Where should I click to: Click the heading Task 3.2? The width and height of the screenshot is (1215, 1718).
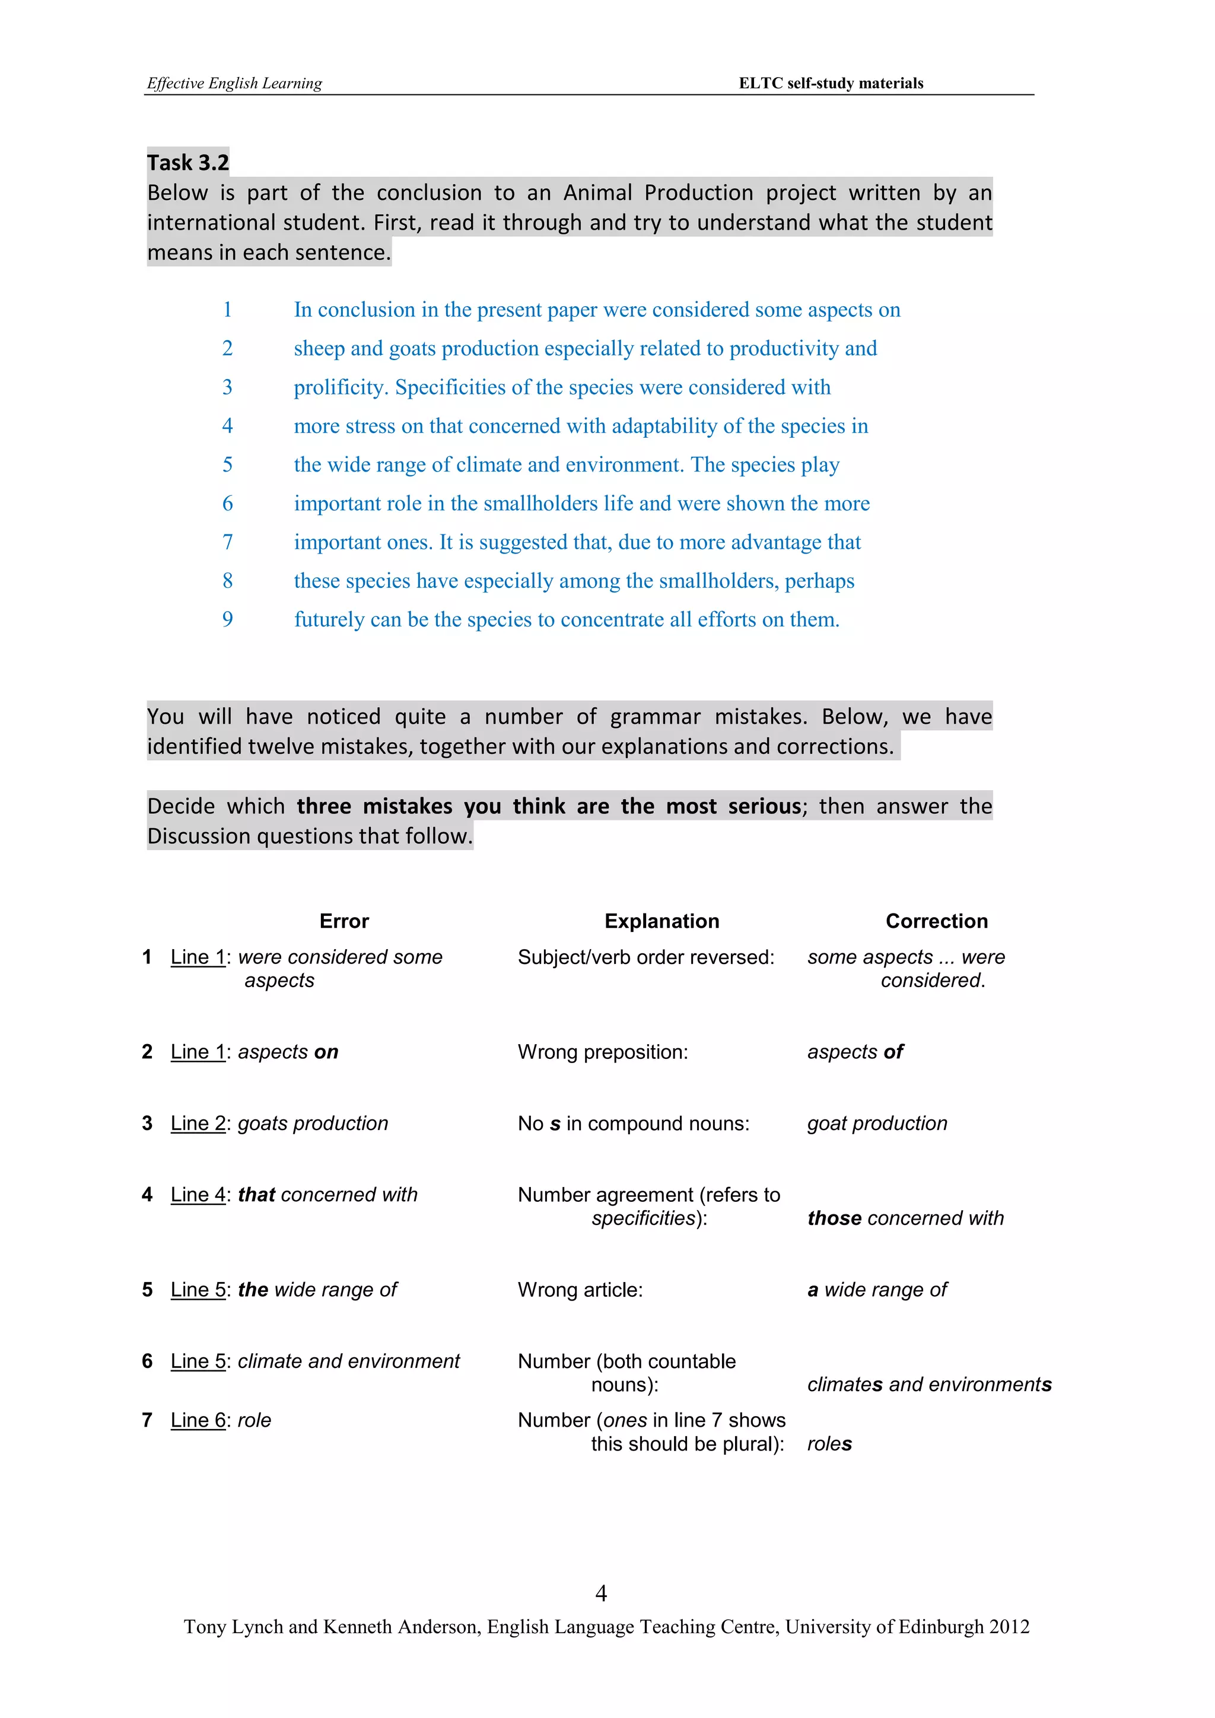[188, 163]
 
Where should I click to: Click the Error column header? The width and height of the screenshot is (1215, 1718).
[344, 921]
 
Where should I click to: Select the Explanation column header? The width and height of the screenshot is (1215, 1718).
[661, 921]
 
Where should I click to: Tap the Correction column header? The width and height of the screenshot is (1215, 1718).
[937, 921]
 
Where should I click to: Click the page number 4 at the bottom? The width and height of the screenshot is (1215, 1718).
[601, 1593]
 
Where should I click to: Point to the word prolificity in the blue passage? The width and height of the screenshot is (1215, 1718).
[340, 387]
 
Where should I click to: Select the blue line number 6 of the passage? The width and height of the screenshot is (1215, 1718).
[227, 504]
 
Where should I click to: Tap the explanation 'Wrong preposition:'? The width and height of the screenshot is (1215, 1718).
[602, 1052]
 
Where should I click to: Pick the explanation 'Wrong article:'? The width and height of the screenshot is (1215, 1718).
[580, 1290]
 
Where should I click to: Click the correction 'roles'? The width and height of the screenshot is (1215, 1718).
[829, 1443]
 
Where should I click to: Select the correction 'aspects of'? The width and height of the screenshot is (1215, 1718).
[854, 1052]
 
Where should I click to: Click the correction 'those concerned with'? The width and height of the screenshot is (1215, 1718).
[905, 1218]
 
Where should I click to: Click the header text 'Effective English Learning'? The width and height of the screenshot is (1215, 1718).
[234, 83]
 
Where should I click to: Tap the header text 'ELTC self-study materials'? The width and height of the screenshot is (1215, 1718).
[831, 83]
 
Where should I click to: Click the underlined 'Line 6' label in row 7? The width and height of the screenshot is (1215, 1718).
[198, 1420]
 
